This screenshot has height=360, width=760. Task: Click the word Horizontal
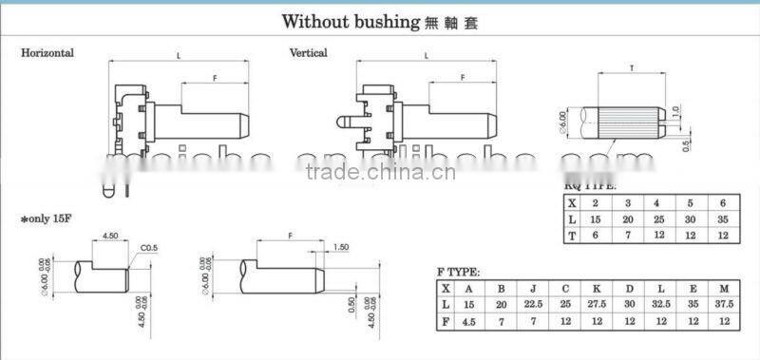tap(47, 53)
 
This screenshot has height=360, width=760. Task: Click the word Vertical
tap(308, 53)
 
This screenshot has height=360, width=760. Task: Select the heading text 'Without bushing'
tap(351, 20)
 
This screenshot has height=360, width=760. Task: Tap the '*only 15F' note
tap(48, 219)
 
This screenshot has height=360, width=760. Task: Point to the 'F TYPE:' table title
tap(459, 271)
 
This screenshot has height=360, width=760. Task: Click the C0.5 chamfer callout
tap(149, 249)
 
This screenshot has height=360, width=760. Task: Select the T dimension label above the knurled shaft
tap(633, 68)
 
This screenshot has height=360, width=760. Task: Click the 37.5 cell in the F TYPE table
tap(725, 305)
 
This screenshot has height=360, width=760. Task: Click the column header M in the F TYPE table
tap(725, 287)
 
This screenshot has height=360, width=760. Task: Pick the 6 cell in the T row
tap(596, 236)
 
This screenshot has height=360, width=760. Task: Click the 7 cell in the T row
tap(628, 236)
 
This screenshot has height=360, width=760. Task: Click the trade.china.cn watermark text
tap(381, 172)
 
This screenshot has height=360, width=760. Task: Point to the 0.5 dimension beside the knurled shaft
tap(686, 144)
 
